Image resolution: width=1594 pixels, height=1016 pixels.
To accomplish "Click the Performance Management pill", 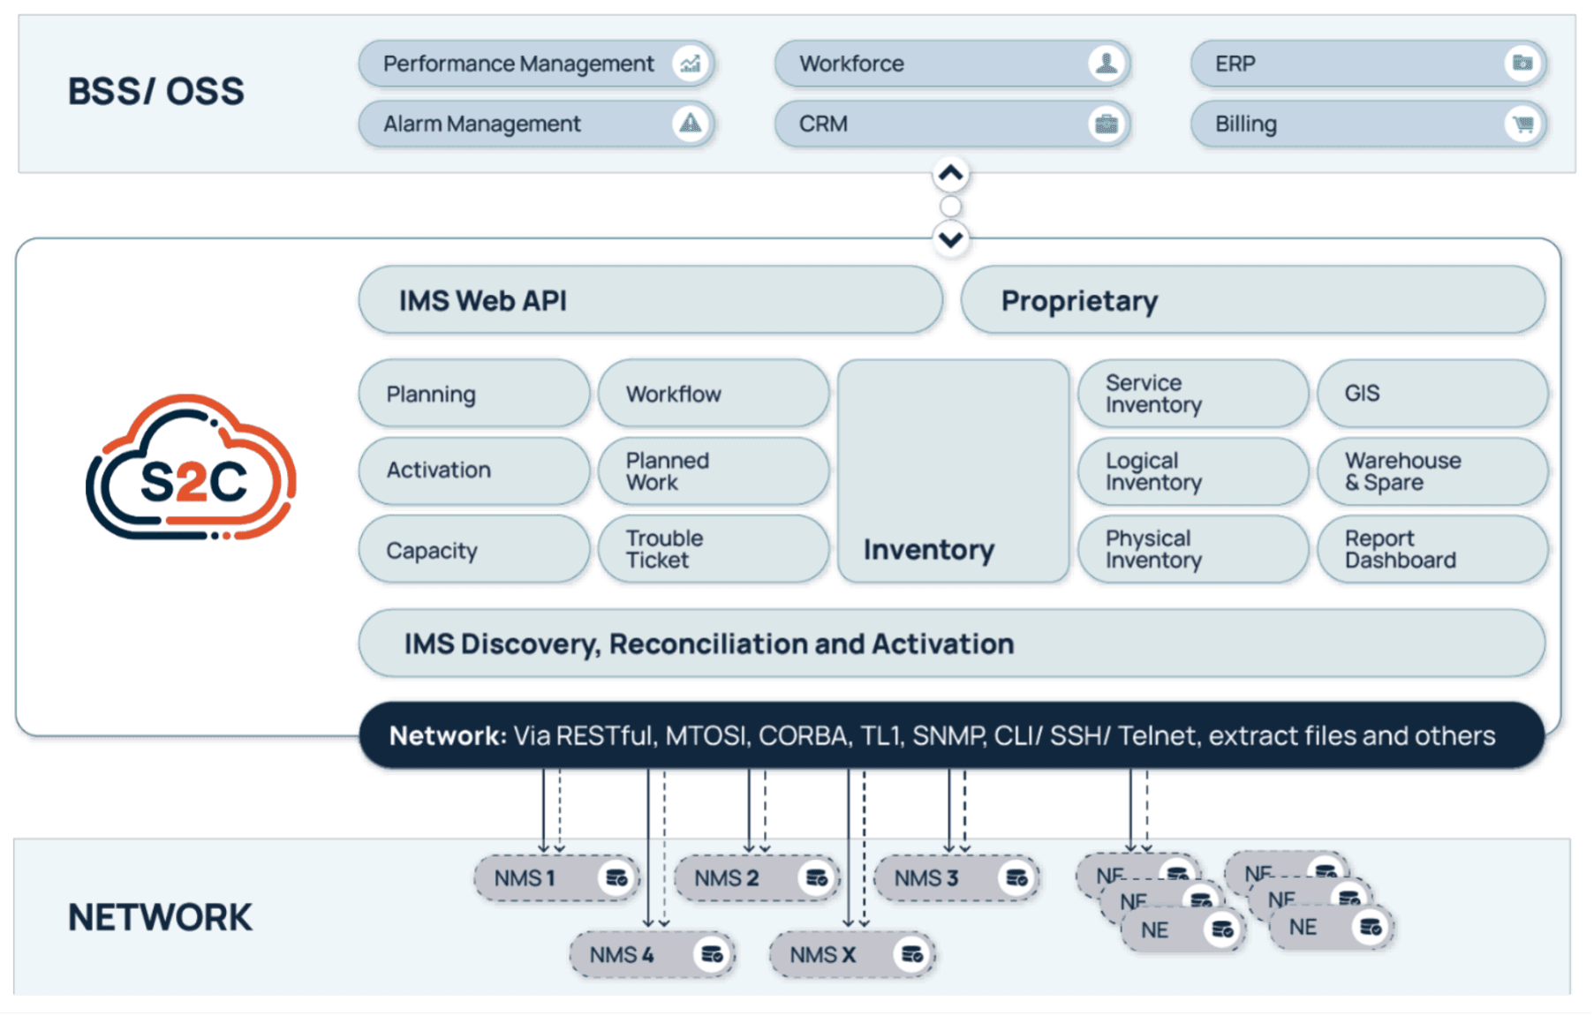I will coord(535,64).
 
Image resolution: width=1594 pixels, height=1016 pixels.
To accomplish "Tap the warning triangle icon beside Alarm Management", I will coord(691,124).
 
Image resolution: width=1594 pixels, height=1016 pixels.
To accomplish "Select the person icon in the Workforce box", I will coord(1106,64).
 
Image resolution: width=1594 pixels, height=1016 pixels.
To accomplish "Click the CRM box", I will coord(951,124).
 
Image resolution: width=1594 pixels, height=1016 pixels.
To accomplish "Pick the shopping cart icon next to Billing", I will coord(1522,124).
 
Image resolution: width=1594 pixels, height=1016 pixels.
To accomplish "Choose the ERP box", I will coord(1367,64).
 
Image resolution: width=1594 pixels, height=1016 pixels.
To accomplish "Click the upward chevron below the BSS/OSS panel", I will coord(950,174).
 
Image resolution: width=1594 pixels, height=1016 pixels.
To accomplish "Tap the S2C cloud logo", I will coord(192,468).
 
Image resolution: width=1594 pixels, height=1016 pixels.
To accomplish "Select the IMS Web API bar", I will coord(650,300).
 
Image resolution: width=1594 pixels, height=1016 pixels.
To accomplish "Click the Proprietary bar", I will coord(1252,300).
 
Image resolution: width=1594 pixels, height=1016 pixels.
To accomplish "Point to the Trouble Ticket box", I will coord(713,549).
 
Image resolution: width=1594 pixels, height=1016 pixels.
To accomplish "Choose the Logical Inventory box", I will coord(1192,471).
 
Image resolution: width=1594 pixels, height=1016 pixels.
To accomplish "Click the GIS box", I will coord(1432,394).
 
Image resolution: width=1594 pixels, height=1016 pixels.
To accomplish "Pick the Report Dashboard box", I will coord(1432,549).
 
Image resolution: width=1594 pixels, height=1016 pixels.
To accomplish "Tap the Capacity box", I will coord(473,550).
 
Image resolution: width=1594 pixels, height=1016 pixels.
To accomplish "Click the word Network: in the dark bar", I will coord(448,735).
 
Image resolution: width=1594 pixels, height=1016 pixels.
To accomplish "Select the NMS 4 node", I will coord(652,954).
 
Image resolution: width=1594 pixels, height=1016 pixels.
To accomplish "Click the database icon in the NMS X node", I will coord(912,954).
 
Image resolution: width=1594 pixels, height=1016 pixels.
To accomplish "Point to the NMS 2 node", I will coord(756,878).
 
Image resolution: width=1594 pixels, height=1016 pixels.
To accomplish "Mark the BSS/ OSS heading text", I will coord(156,92).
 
